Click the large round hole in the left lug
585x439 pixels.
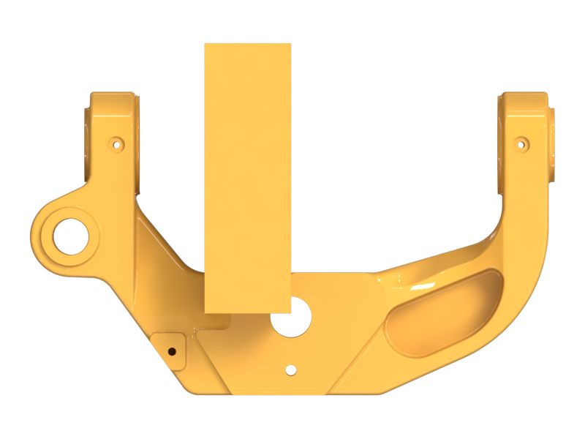(71, 231)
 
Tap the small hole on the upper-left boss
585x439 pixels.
(114, 144)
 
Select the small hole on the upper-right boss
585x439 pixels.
(521, 143)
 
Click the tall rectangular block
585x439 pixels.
(248, 176)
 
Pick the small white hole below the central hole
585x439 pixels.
(291, 370)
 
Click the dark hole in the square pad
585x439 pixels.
(172, 350)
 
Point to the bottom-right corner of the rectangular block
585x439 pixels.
(290, 312)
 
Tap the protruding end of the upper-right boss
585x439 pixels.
(551, 143)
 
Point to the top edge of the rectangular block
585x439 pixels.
(248, 44)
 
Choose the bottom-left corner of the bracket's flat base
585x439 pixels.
(192, 391)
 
